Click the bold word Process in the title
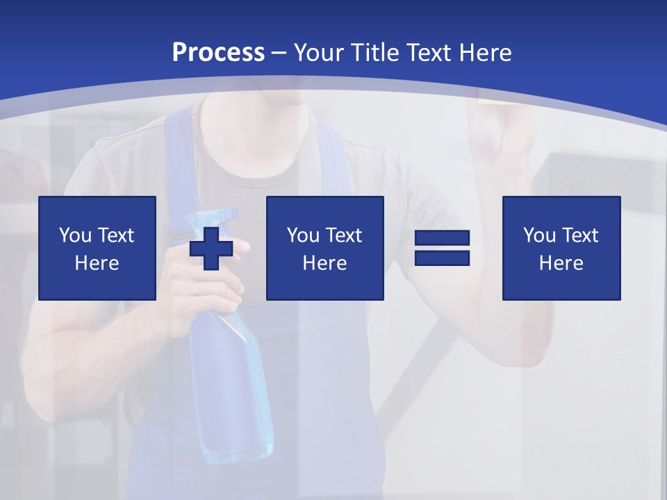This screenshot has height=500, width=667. (218, 53)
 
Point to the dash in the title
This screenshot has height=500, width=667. (279, 53)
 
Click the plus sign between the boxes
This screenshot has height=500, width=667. (211, 249)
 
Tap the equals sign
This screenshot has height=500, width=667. (442, 248)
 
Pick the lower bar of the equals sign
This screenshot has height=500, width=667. (442, 258)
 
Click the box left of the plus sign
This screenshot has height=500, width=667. (97, 248)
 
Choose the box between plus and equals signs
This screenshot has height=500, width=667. (324, 248)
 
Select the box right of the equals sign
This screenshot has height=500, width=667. (561, 248)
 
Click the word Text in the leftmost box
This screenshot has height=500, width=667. (116, 235)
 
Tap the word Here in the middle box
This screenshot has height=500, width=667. (324, 263)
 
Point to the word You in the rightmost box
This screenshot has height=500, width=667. (538, 235)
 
